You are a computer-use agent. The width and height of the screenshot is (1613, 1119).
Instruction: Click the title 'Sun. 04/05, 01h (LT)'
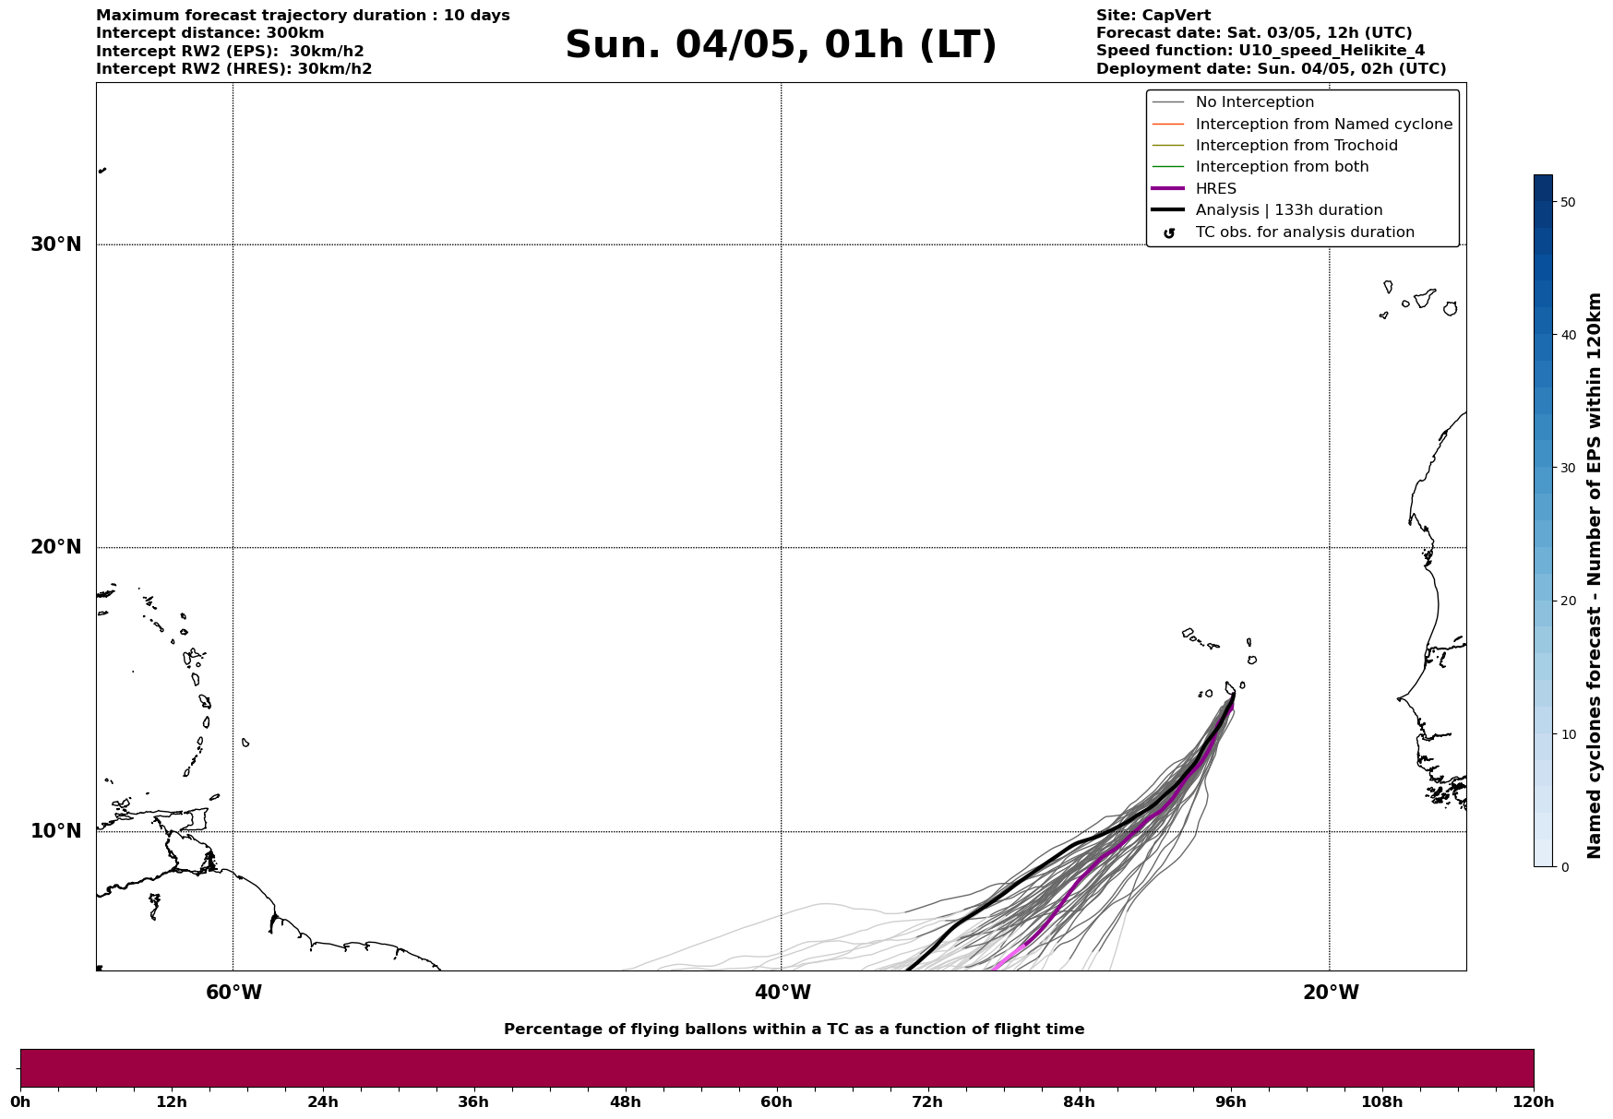[x=781, y=45]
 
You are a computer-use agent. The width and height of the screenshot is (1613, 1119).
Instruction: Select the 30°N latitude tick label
[x=56, y=244]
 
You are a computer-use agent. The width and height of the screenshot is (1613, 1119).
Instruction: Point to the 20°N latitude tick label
[x=56, y=547]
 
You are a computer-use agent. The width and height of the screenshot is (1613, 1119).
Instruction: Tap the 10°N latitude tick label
[x=56, y=831]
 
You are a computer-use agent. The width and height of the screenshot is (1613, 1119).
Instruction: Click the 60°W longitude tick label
[x=233, y=993]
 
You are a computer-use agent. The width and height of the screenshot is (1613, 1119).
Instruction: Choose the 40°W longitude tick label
[x=783, y=993]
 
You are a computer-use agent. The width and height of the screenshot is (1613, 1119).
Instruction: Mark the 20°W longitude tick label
[x=1331, y=993]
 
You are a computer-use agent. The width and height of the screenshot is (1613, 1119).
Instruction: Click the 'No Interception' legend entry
[x=1254, y=102]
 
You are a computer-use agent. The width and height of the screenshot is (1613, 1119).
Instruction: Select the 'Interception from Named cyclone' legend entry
[x=1323, y=125]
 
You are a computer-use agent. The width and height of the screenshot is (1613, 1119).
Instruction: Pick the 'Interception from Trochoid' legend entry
[x=1296, y=146]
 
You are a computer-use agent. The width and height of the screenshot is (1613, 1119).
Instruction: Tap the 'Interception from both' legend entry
[x=1282, y=167]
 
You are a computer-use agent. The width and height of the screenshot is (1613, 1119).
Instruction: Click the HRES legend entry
[x=1215, y=189]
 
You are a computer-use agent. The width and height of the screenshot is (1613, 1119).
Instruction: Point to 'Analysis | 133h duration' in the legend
[x=1288, y=210]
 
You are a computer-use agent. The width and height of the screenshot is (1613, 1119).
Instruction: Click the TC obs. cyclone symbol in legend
[x=1169, y=232]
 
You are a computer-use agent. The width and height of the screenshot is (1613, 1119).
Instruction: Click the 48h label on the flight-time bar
[x=625, y=1101]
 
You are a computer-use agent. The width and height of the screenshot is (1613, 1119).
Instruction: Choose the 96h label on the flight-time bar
[x=1230, y=1101]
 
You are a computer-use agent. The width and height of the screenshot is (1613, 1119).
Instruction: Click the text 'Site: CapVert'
[x=1153, y=16]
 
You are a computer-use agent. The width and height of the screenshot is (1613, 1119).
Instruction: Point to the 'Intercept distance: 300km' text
[x=209, y=33]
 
